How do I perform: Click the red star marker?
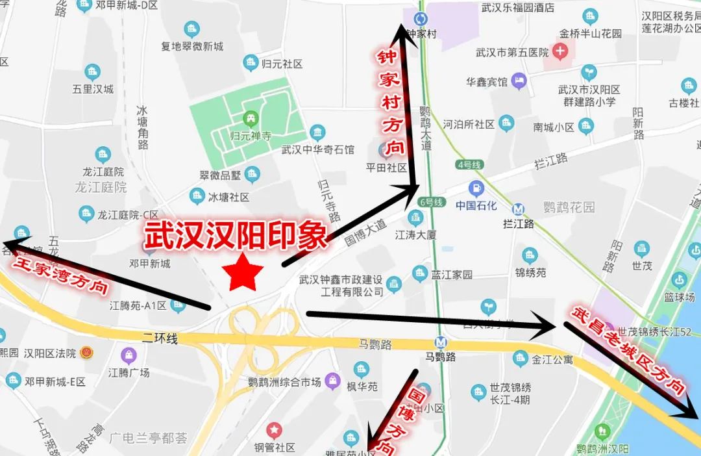pos(242,272)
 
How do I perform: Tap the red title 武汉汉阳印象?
pos(234,236)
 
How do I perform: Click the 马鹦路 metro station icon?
pos(441,342)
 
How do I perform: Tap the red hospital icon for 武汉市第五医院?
pos(560,51)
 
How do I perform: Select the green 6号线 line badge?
pos(431,202)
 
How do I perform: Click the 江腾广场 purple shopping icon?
pos(129,355)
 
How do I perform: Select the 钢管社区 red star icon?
pos(275,430)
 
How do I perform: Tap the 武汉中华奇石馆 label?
pos(318,149)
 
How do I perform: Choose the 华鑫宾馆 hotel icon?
pos(519,82)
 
